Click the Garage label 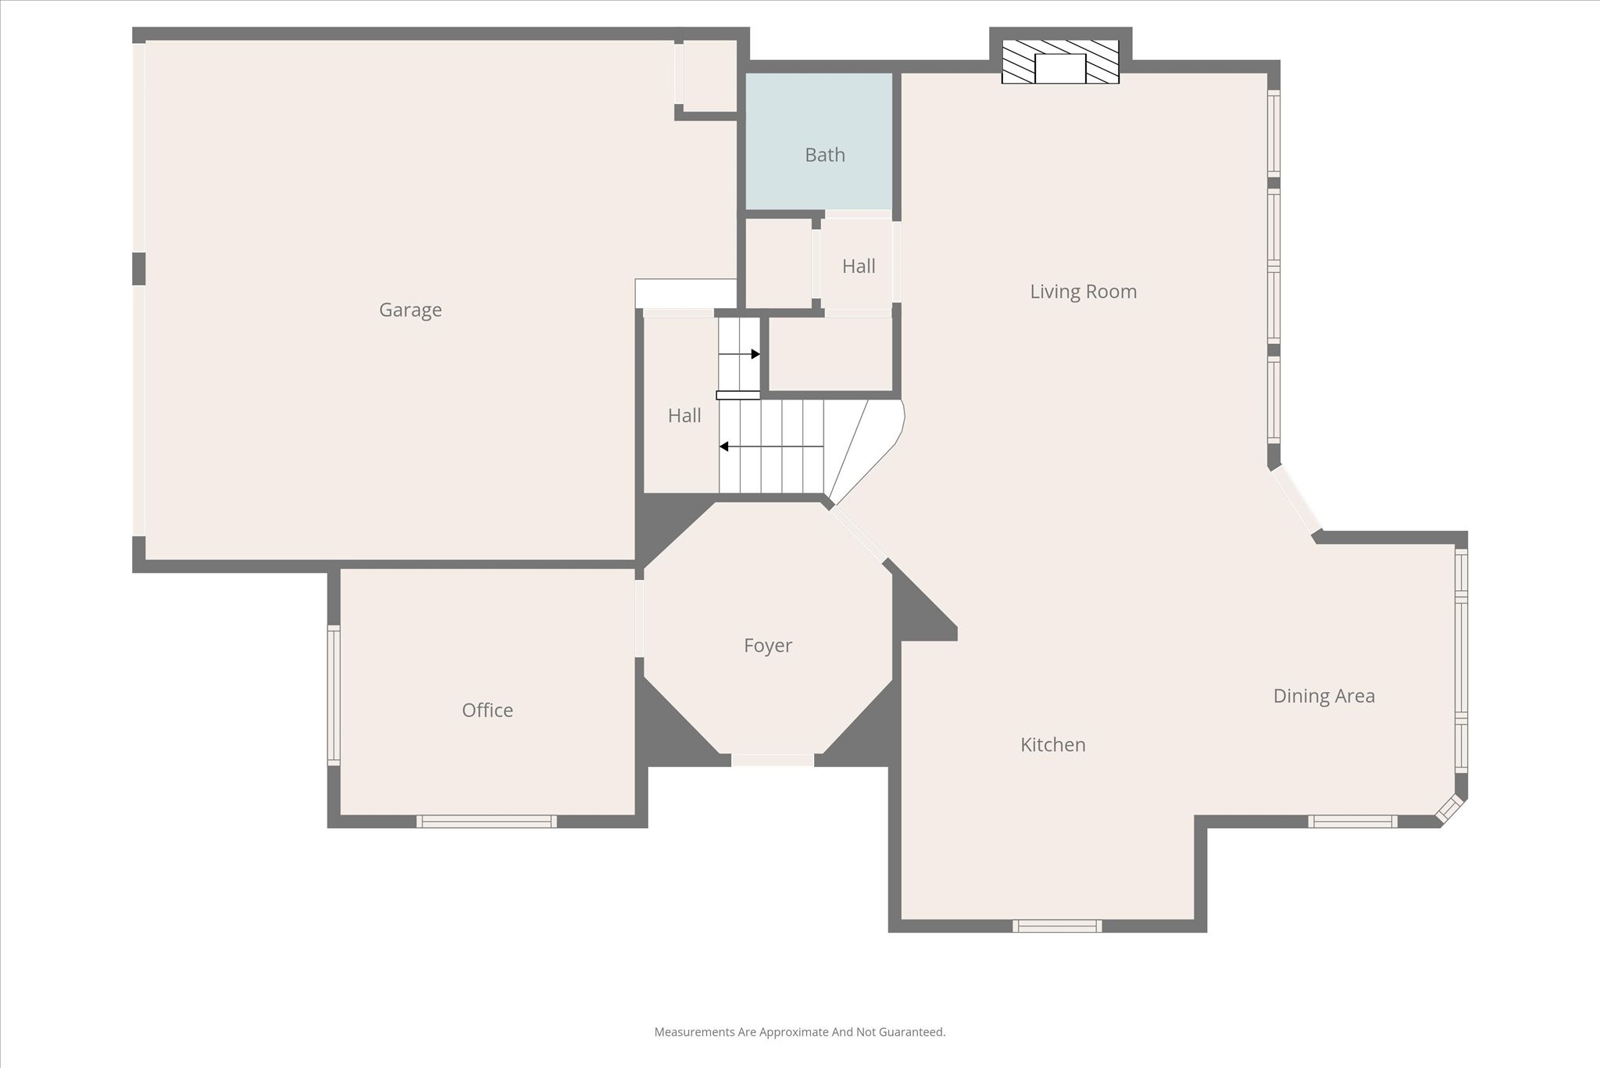point(410,310)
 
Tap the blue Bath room point(819,141)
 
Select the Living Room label point(1083,292)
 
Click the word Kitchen point(1052,745)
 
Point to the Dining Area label point(1323,696)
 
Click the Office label point(487,710)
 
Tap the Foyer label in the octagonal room point(767,646)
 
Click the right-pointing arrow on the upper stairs point(755,354)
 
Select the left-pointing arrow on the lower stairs point(724,446)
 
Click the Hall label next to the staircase point(684,416)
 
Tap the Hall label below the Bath point(858,267)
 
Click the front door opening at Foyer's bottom point(772,760)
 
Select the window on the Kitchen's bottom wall point(1057,926)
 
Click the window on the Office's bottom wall point(486,821)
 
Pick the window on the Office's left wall point(334,694)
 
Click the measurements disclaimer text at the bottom point(799,1032)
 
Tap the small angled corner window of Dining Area point(1449,809)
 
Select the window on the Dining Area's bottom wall point(1352,821)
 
